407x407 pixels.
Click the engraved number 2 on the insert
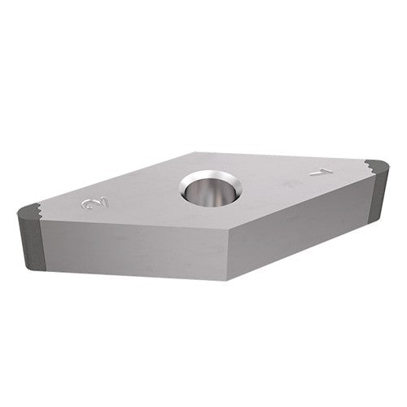pos(92,205)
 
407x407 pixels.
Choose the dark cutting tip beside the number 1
pos(377,167)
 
